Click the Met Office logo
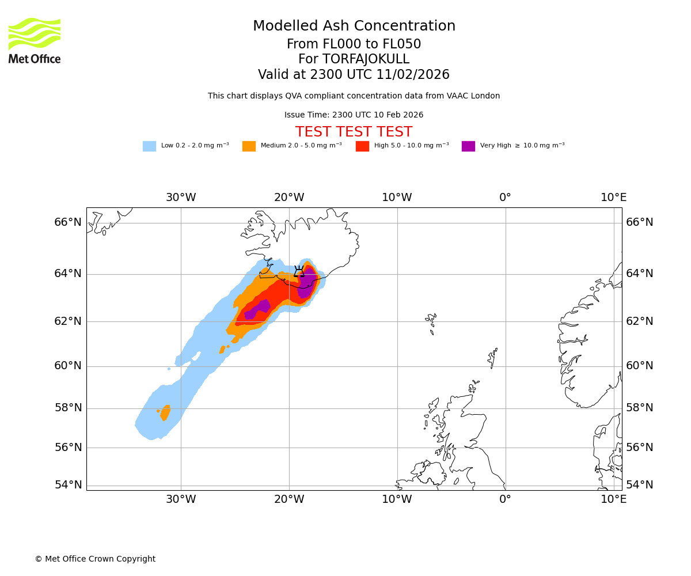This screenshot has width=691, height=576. pyautogui.click(x=35, y=40)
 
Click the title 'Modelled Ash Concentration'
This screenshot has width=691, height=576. pyautogui.click(x=354, y=26)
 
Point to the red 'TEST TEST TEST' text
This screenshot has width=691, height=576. pyautogui.click(x=354, y=132)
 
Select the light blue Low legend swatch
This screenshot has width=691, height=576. pyautogui.click(x=149, y=146)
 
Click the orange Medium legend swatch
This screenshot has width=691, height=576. pyautogui.click(x=249, y=146)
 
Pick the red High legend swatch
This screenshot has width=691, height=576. pyautogui.click(x=362, y=146)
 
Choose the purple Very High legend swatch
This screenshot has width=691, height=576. pyautogui.click(x=468, y=146)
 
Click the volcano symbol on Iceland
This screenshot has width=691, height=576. pyautogui.click(x=299, y=271)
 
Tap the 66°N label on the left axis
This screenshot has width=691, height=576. pyautogui.click(x=68, y=222)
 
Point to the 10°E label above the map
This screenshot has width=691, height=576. pyautogui.click(x=613, y=198)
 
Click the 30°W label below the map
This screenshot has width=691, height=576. pyautogui.click(x=181, y=499)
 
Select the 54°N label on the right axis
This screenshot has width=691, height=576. pyautogui.click(x=639, y=485)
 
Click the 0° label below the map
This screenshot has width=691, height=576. pyautogui.click(x=505, y=499)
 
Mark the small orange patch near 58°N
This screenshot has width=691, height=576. pyautogui.click(x=165, y=412)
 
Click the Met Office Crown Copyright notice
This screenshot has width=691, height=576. pyautogui.click(x=95, y=559)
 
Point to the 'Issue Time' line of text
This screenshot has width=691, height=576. pyautogui.click(x=354, y=115)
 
